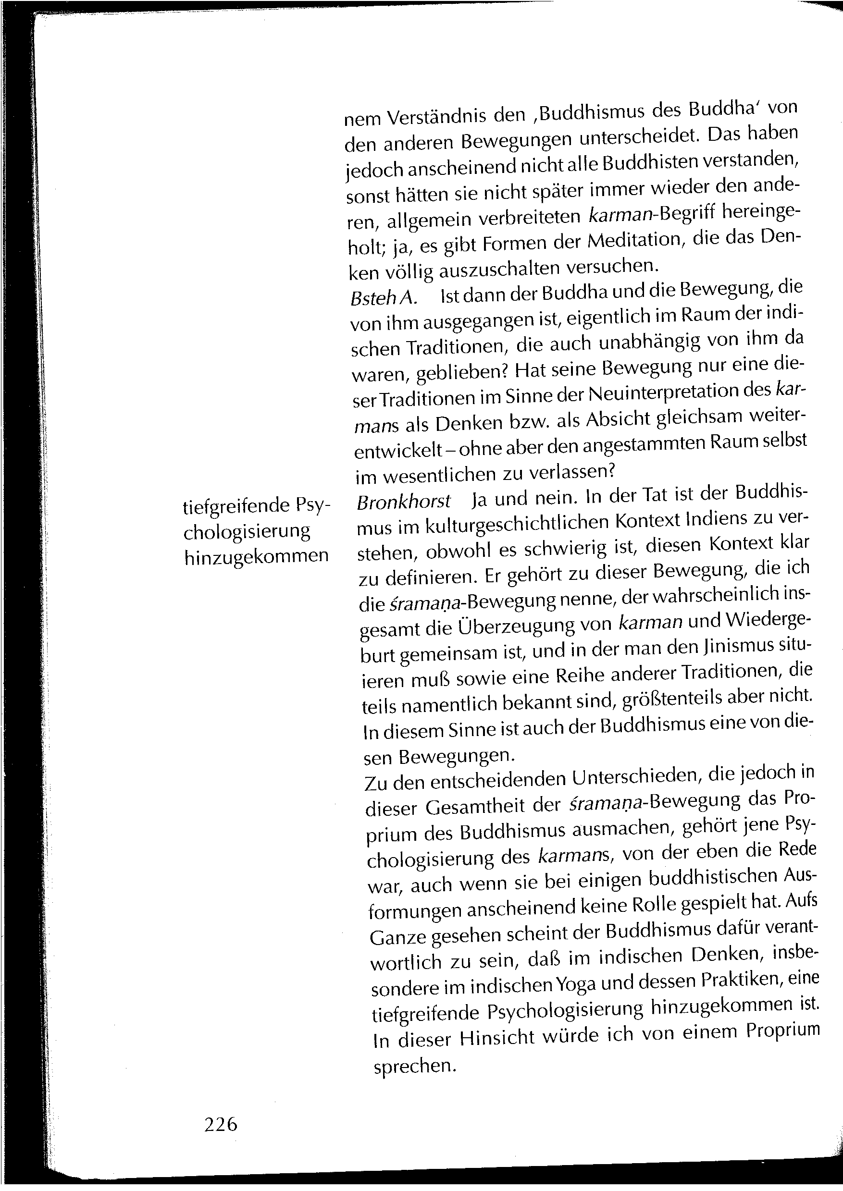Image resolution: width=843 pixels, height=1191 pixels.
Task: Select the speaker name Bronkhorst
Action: click(x=404, y=501)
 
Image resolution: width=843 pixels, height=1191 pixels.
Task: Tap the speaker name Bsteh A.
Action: click(x=384, y=297)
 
